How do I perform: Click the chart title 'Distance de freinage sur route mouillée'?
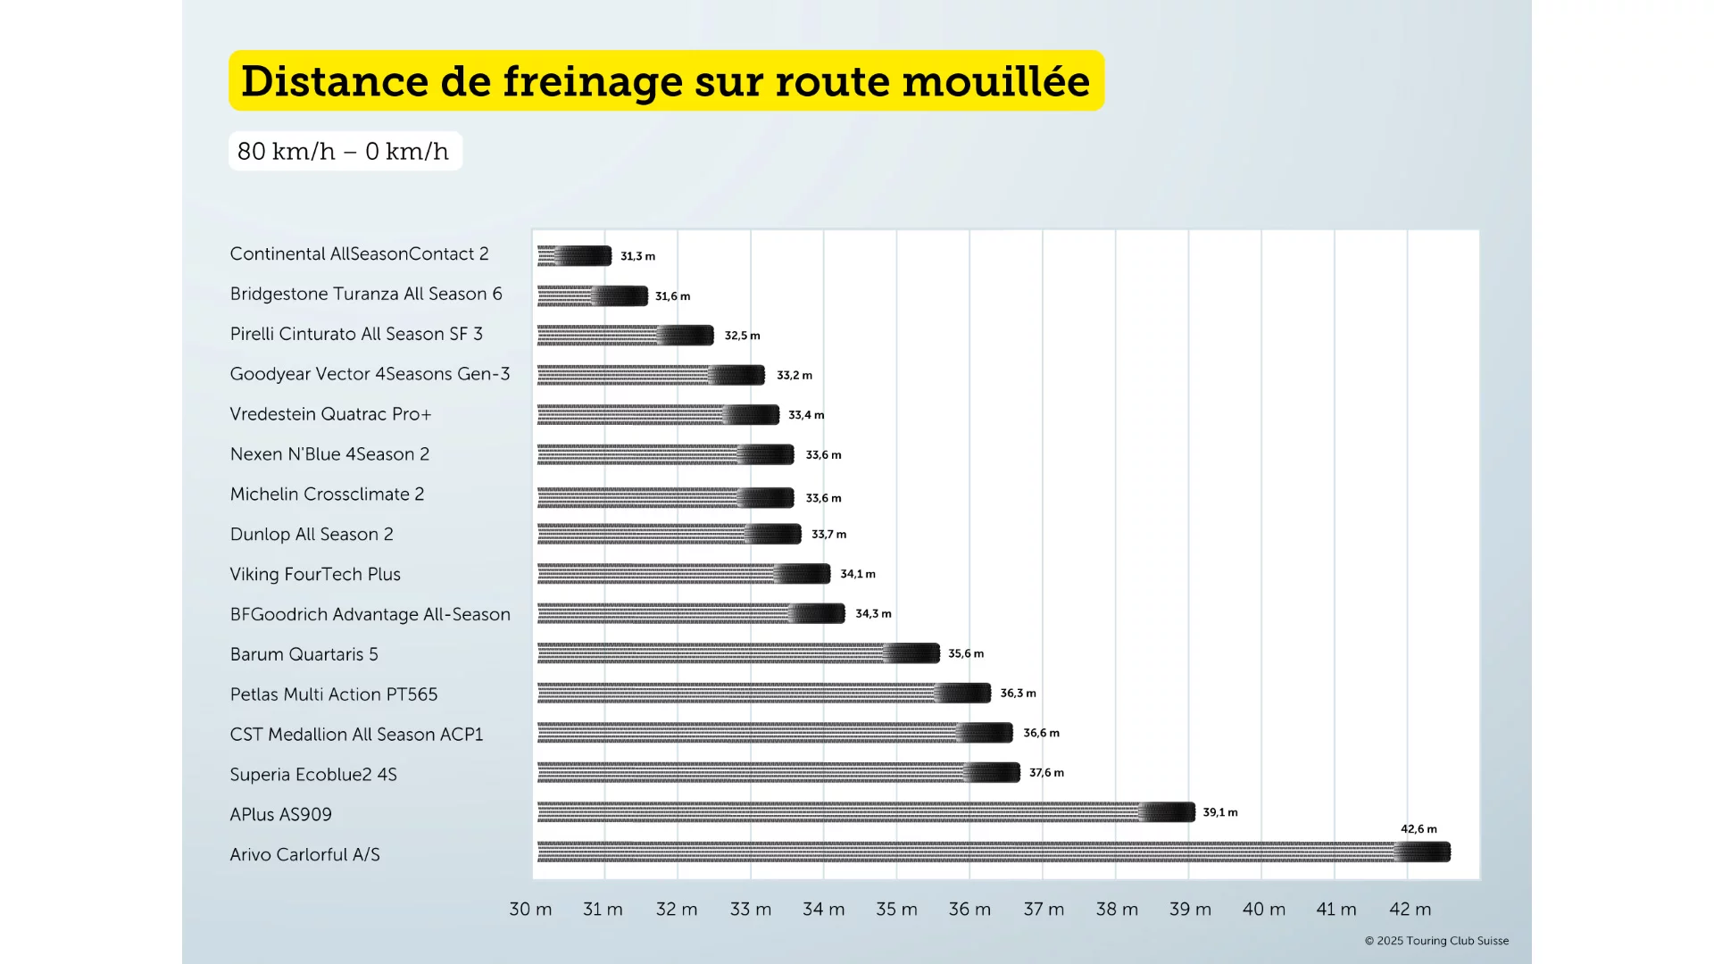666,81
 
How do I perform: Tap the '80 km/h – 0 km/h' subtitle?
344,151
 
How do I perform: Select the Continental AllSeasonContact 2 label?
359,254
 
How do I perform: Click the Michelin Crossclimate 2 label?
327,494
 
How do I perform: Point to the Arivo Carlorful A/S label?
304,855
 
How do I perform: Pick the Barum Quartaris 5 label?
304,654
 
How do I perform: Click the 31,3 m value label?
637,256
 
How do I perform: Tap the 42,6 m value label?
1419,829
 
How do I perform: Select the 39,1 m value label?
1219,812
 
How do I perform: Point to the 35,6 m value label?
966,653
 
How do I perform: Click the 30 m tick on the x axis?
530,909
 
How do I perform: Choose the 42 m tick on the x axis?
1410,909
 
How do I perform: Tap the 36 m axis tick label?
969,909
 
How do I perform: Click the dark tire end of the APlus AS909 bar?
1169,812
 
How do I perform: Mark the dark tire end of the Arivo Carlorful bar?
1424,852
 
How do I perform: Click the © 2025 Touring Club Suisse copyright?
1436,941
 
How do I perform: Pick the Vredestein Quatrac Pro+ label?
330,414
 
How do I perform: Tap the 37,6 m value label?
1046,773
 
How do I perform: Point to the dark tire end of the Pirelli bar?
687,336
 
